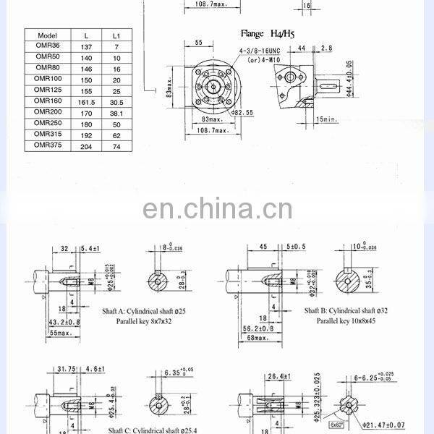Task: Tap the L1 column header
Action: click(116, 35)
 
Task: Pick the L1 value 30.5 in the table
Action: click(116, 101)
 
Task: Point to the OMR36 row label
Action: click(46, 46)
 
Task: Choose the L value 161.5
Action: click(87, 101)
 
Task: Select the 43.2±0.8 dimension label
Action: click(63, 321)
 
